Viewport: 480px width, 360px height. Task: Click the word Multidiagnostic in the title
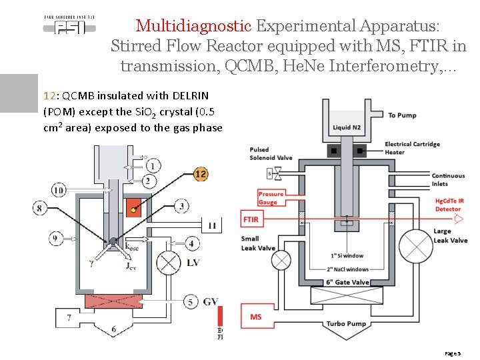(193, 26)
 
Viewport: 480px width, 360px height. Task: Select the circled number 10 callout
(59, 191)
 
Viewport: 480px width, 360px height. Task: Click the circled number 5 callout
(191, 302)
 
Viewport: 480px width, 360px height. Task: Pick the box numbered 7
(69, 318)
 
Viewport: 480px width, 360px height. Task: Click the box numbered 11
(212, 225)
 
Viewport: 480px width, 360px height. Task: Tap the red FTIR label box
(251, 219)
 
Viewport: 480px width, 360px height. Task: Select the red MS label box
(256, 317)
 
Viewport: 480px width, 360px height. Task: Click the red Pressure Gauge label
(271, 198)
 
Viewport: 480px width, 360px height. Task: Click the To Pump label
(402, 115)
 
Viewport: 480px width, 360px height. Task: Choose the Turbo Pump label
(345, 324)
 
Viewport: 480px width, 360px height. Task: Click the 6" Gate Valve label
(347, 282)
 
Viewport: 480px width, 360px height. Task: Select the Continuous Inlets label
(448, 180)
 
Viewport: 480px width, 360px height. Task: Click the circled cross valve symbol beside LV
(167, 263)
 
